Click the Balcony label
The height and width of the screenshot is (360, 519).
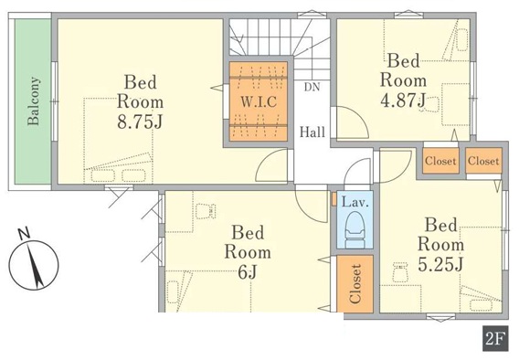[34, 101]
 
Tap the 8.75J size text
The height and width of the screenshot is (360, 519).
[140, 122]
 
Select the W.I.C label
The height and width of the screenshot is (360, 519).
[259, 101]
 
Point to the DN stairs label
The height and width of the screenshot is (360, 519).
[312, 87]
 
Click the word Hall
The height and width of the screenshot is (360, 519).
[312, 132]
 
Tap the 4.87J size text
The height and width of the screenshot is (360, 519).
[403, 101]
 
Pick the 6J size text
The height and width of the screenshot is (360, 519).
[248, 272]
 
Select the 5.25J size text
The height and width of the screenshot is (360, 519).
[440, 264]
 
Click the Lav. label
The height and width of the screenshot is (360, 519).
[355, 202]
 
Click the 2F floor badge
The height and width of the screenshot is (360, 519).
[495, 338]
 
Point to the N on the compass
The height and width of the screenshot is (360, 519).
[24, 234]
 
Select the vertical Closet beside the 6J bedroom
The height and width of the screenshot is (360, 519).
[355, 283]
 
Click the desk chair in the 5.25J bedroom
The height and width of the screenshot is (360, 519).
[400, 271]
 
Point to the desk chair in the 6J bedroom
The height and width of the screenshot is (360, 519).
[206, 211]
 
